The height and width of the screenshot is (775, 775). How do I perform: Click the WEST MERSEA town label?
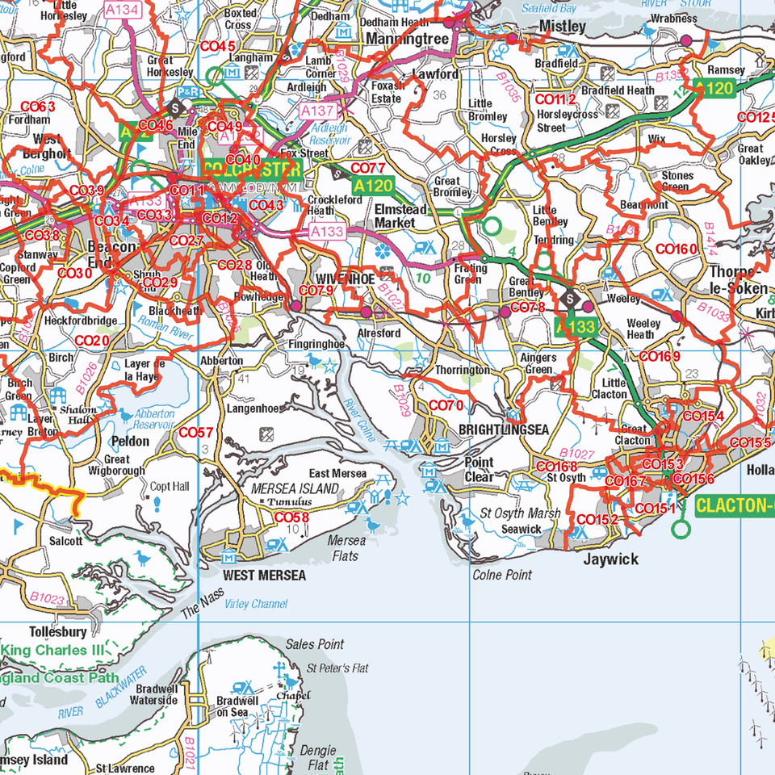coord(265,576)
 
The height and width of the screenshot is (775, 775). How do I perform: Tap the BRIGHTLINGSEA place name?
coord(504,429)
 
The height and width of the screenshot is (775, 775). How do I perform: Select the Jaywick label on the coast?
coord(611,559)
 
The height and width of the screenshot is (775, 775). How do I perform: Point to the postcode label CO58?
coord(291,517)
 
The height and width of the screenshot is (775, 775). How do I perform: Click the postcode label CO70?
coord(446,405)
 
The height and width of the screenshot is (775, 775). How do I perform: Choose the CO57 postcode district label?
coord(196,433)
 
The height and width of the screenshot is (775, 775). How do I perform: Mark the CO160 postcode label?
coord(676,249)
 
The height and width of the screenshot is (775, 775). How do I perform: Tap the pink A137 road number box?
coord(316,109)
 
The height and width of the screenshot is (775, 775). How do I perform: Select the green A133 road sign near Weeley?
coord(576,327)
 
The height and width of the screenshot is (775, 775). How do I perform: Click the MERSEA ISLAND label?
coord(295,489)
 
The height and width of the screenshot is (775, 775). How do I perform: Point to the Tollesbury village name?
coord(57,631)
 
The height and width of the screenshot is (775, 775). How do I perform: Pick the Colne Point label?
coord(502,575)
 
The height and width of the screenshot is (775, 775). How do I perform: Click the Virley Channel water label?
coord(258,604)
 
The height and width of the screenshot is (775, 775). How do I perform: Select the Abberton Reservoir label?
coord(153,419)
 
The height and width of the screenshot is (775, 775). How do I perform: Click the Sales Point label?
coord(315,644)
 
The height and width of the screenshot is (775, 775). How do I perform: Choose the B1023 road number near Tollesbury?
coord(48,598)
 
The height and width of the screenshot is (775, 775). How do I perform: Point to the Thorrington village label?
coord(463,370)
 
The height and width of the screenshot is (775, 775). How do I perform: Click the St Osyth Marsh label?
coord(520,513)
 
